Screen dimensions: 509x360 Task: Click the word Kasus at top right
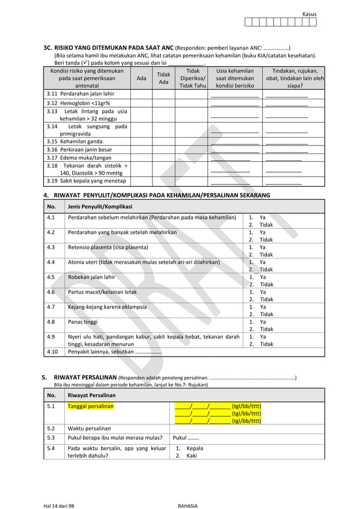309,14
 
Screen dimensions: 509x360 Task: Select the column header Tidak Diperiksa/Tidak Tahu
192,78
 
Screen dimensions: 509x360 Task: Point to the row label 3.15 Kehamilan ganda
74,141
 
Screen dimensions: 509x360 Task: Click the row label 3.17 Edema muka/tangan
79,158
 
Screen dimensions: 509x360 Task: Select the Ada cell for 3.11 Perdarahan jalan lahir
141,94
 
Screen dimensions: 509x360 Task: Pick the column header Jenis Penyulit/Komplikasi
100,207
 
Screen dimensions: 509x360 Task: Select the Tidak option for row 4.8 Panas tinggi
266,329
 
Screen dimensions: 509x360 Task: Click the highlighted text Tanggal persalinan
91,406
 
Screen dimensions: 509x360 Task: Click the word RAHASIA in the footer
187,490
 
